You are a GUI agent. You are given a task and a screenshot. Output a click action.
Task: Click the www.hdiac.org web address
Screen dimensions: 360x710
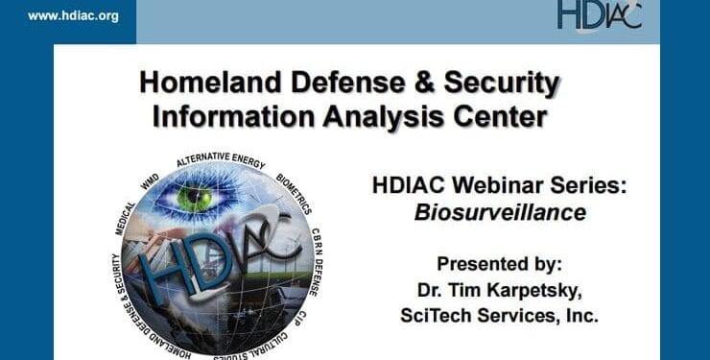tap(73, 16)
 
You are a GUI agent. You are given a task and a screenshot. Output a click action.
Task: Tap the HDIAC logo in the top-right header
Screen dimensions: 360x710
tap(599, 15)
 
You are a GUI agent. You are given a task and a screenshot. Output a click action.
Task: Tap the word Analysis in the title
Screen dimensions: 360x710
tap(377, 116)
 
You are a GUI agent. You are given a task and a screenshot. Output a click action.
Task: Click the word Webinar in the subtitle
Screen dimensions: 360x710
tap(497, 185)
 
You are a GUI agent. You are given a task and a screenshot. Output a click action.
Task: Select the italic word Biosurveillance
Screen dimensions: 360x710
tap(499, 212)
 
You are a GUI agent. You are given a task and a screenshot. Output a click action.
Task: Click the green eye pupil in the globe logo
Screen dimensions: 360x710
tap(196, 198)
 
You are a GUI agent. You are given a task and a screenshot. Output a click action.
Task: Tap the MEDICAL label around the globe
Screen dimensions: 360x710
tap(128, 217)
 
